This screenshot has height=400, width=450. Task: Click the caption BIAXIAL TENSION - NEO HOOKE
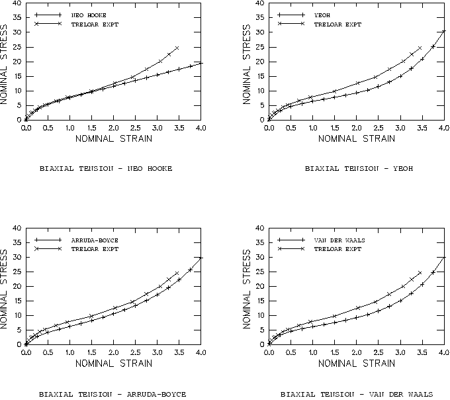(106, 169)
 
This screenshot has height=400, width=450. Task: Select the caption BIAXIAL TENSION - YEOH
(359, 169)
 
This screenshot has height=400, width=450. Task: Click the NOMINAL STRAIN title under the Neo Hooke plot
(113, 138)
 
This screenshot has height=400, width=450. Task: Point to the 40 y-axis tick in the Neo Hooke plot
(17, 4)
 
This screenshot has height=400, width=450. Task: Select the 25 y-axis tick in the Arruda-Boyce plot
(17, 272)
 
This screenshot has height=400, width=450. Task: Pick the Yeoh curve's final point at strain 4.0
(443, 31)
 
